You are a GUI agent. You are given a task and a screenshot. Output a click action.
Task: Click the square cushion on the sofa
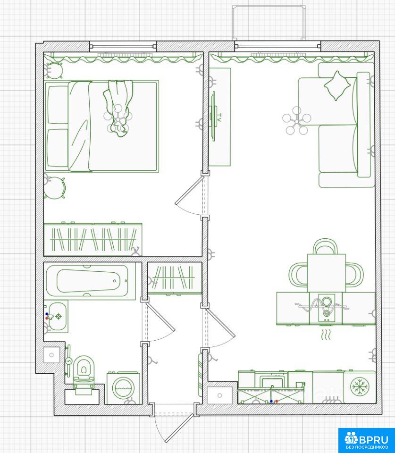(336, 85)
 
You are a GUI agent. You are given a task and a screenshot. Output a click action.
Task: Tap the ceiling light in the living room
(297, 121)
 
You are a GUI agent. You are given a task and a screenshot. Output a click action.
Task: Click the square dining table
(327, 273)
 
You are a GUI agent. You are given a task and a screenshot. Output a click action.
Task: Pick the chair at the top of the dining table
(325, 246)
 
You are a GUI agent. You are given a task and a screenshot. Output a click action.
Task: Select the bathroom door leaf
(160, 316)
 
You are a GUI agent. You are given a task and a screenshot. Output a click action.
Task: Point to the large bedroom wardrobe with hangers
(93, 239)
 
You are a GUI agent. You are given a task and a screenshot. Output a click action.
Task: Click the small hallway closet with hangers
(175, 278)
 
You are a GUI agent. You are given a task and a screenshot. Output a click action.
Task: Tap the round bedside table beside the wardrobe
(54, 188)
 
